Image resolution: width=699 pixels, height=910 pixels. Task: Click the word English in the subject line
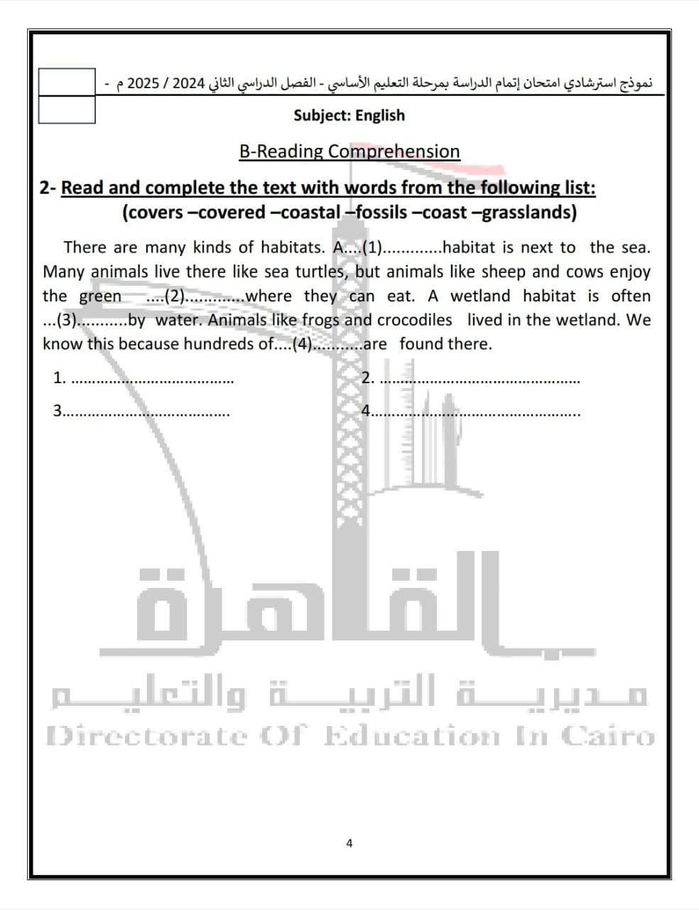point(380,115)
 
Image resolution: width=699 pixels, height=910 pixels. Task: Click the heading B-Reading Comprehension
point(349,151)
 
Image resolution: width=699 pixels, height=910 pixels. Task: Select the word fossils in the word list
point(381,212)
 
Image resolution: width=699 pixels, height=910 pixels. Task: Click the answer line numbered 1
point(153,380)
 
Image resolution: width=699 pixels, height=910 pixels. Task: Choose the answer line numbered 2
point(479,380)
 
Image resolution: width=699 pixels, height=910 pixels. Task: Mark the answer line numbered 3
point(146,412)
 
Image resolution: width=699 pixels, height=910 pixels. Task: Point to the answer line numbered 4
point(476,412)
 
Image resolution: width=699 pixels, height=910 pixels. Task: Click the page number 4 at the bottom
point(349,843)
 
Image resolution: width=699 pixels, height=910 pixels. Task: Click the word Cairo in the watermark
point(607,736)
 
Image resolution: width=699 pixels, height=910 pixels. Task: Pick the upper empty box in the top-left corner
point(67,82)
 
